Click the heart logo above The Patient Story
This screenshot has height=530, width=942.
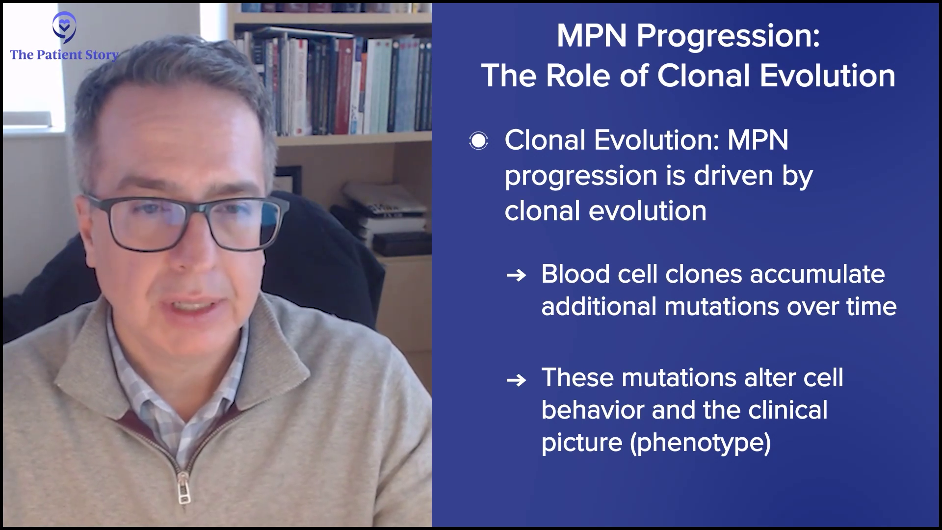[64, 27]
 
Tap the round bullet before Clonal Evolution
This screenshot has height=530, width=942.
[478, 141]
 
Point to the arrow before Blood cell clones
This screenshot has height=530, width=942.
[516, 275]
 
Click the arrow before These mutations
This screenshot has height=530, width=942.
[516, 380]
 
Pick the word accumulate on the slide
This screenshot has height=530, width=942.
[817, 274]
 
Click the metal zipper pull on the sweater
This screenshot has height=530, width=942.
[183, 488]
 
